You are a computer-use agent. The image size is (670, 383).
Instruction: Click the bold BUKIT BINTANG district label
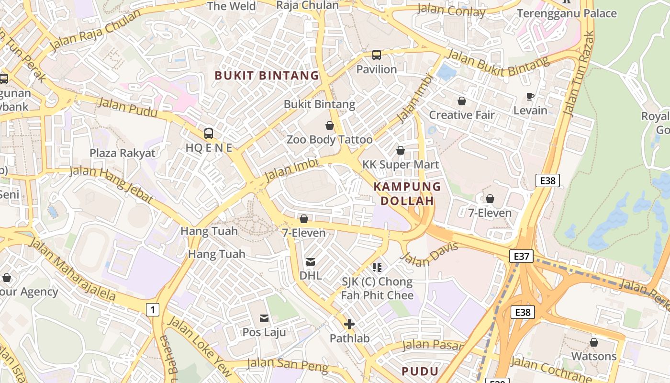[267, 75]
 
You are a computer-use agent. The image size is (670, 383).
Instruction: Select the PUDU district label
[420, 371]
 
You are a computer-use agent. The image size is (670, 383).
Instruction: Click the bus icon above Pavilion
[377, 55]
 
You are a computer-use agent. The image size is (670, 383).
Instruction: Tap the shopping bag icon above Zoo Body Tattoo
[329, 125]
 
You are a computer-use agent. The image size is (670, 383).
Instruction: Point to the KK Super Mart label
[400, 165]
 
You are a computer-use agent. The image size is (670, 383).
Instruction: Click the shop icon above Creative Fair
[462, 101]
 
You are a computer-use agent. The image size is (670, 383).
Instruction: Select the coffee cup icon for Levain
[530, 96]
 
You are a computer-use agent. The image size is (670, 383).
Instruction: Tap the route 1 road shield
[152, 310]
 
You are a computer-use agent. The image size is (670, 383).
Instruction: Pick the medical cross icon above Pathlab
[349, 324]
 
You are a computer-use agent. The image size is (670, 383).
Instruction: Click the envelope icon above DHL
[311, 261]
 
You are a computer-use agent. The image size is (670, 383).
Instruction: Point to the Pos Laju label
[264, 332]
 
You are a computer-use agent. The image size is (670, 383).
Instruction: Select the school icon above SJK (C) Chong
[377, 267]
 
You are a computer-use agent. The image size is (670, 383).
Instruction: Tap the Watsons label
[594, 356]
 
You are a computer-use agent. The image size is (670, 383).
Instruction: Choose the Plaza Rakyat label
[123, 153]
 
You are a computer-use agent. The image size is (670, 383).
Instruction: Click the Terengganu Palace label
[567, 13]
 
